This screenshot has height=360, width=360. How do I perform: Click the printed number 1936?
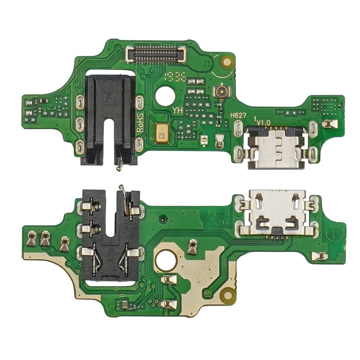[175, 77]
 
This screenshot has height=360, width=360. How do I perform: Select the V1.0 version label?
[263, 122]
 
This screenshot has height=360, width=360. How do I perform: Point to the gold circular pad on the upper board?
[227, 62]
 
